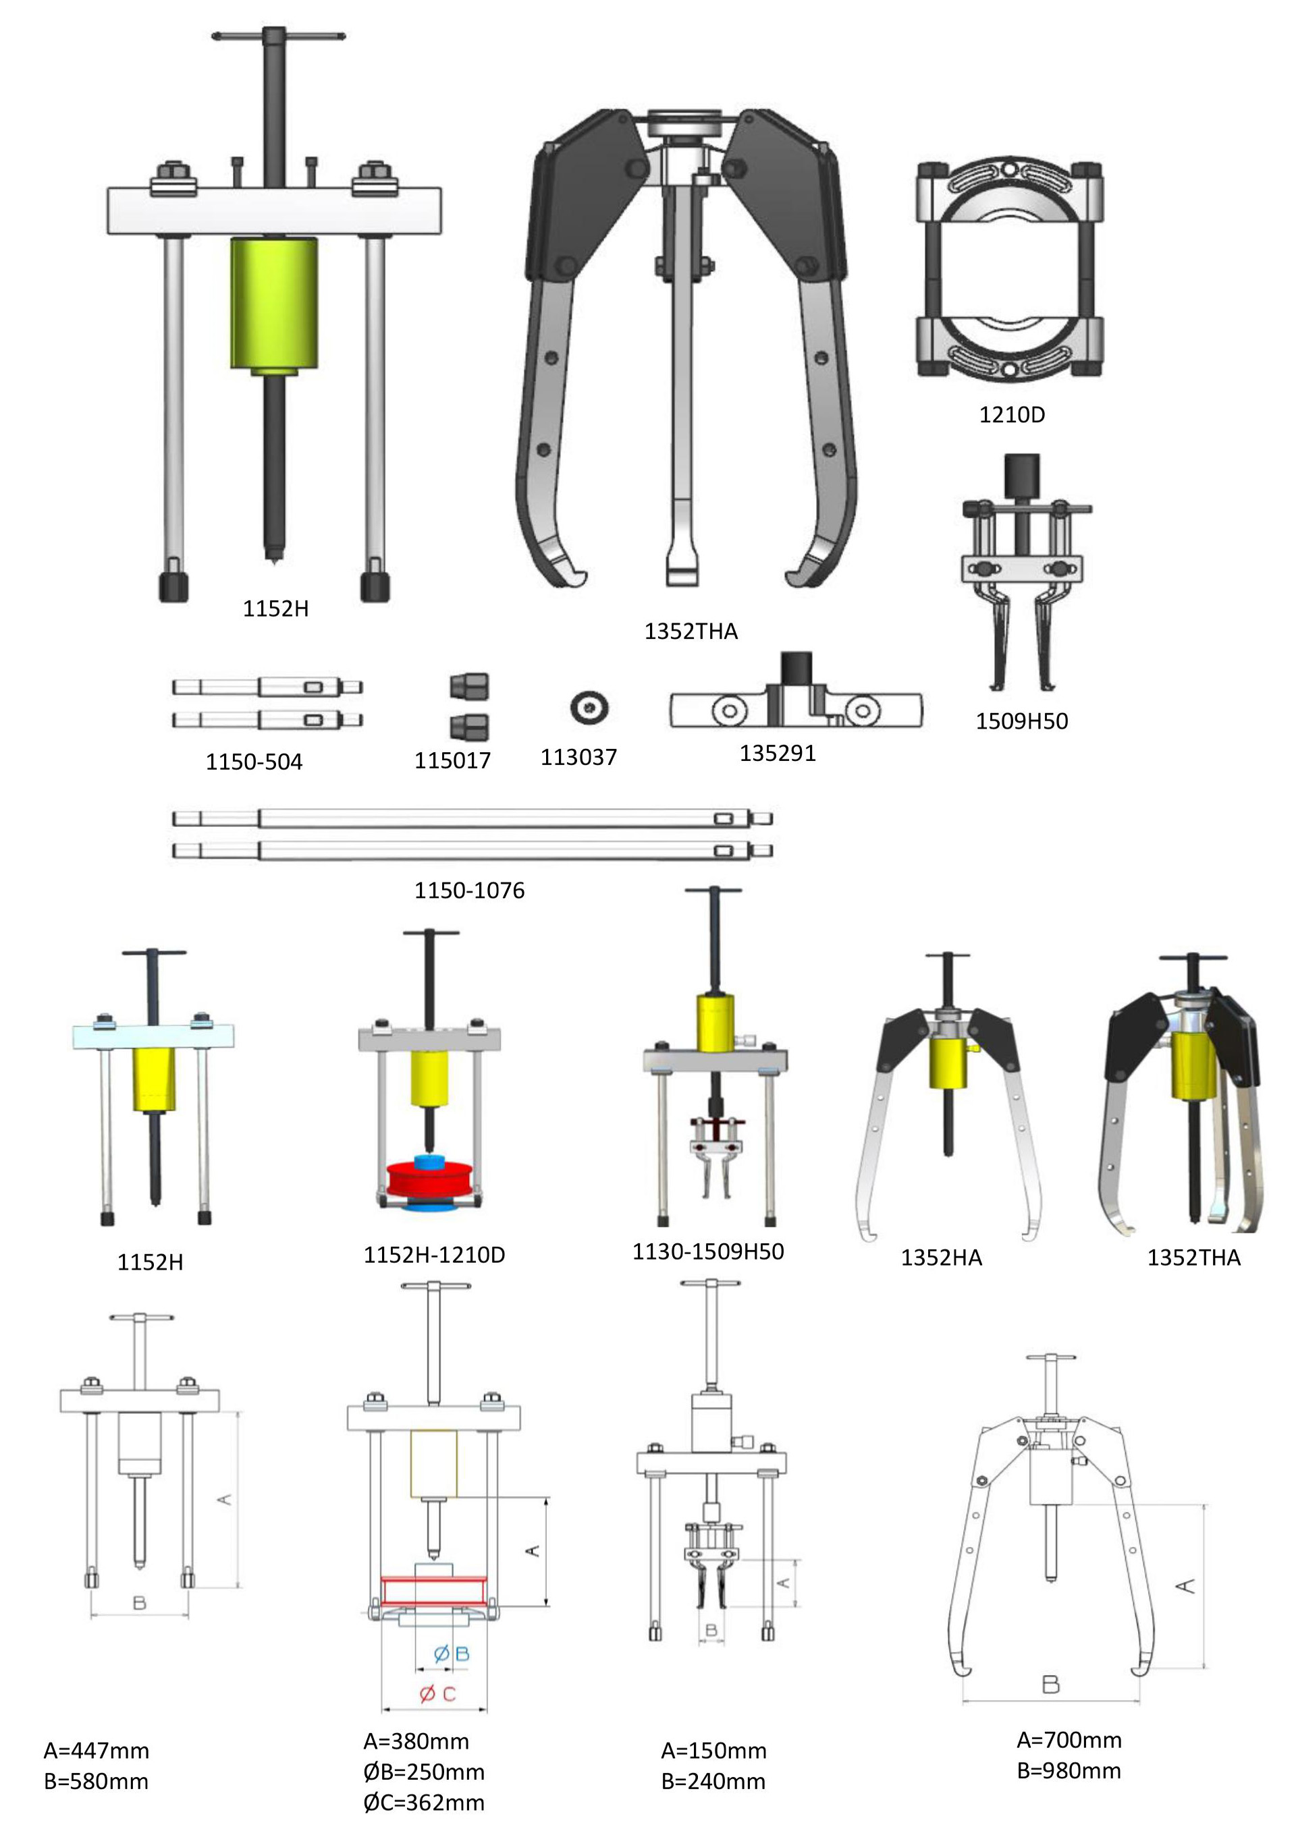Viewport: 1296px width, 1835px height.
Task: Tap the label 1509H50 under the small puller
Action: pyautogui.click(x=1021, y=721)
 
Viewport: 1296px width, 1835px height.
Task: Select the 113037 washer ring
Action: pyautogui.click(x=589, y=707)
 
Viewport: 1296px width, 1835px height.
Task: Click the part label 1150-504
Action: pyautogui.click(x=254, y=762)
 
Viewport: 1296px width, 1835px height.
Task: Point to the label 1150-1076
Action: pyautogui.click(x=469, y=891)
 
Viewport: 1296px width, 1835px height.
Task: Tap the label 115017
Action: pyautogui.click(x=452, y=760)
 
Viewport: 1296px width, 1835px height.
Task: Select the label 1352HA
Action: pyautogui.click(x=941, y=1258)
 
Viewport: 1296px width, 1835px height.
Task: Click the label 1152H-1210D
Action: pyautogui.click(x=434, y=1255)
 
